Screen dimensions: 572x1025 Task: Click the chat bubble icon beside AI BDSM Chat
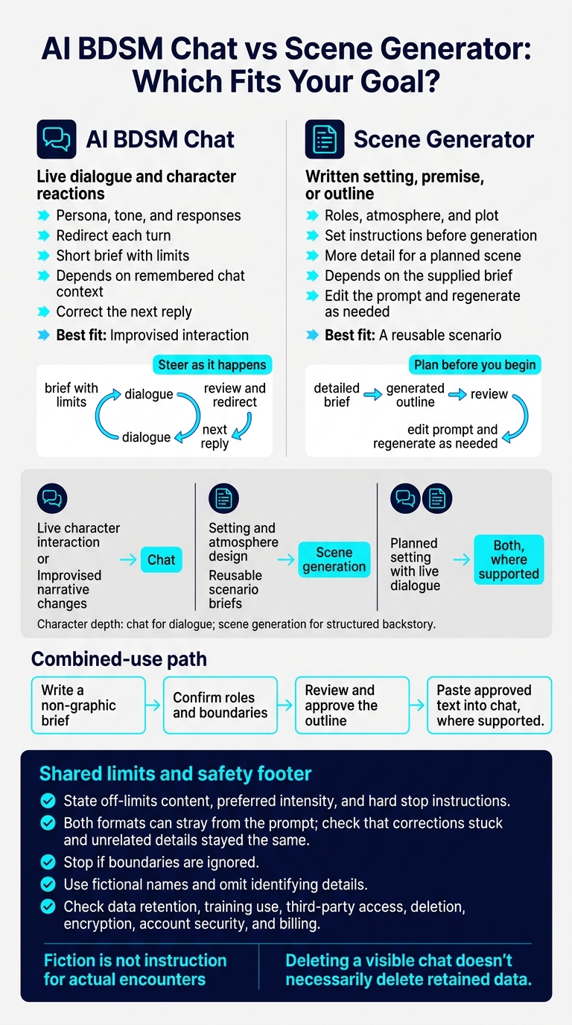coord(57,139)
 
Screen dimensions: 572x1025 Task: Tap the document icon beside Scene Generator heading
coord(325,139)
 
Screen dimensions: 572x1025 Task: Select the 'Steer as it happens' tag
coord(212,365)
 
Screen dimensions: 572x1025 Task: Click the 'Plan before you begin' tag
coord(474,365)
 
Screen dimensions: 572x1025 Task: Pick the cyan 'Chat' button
coord(161,559)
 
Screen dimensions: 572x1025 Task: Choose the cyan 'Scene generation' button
coord(334,559)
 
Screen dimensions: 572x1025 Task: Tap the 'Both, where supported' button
coord(509,559)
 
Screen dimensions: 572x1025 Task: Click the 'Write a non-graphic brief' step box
coord(89,705)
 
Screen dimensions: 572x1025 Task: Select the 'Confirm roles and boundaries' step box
coord(220,705)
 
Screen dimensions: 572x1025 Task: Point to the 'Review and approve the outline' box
coord(352,705)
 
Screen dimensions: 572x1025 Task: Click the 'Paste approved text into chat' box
coord(489,705)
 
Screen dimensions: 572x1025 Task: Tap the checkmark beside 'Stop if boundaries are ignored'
coord(48,862)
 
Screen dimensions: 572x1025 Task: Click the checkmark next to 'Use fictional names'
coord(48,884)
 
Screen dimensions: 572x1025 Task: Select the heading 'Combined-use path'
coord(119,659)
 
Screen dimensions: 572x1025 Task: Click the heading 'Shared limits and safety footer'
coord(175,774)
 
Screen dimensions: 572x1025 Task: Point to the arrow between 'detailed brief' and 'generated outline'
coord(373,395)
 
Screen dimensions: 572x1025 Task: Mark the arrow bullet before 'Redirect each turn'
coord(43,235)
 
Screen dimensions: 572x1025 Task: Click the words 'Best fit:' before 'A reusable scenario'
coord(350,335)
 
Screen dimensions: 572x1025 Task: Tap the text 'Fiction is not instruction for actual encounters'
coord(135,970)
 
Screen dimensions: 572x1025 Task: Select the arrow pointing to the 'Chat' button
coord(128,559)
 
